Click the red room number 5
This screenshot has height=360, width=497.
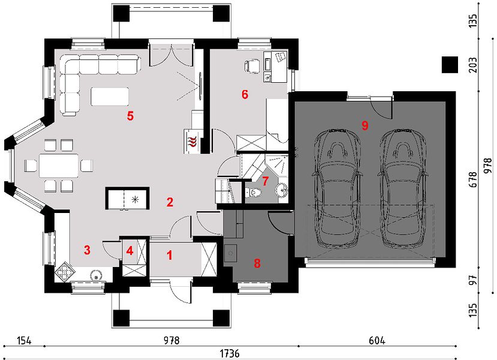(130, 116)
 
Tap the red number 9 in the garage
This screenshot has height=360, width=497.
(365, 125)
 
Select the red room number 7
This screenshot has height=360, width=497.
(266, 181)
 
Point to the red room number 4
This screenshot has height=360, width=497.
(129, 251)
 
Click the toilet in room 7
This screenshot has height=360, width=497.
(253, 191)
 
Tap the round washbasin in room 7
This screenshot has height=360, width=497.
(281, 190)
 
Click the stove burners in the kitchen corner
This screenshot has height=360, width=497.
(65, 272)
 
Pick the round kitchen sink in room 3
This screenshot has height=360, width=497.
(96, 275)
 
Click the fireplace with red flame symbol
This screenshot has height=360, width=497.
(192, 141)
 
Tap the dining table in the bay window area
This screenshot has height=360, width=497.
(59, 166)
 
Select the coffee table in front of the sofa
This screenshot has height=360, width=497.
(110, 96)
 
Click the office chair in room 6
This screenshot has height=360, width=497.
(252, 66)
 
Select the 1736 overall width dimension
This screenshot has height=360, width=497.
(230, 353)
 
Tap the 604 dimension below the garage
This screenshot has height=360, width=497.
(377, 341)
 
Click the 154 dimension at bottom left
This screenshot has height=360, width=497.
(25, 341)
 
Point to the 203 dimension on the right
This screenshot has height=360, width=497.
(473, 65)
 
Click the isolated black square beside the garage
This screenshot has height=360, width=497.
(450, 65)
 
